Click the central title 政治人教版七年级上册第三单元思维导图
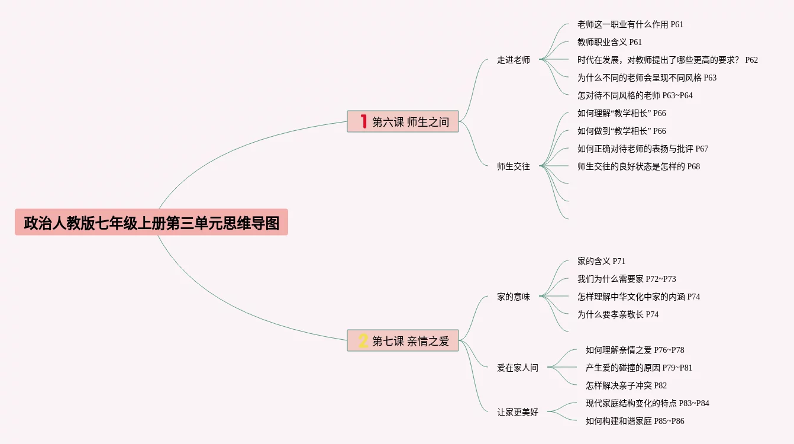pyautogui.click(x=151, y=223)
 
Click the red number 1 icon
pyautogui.click(x=364, y=121)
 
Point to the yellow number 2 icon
pyautogui.click(x=363, y=340)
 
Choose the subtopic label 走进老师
pyautogui.click(x=514, y=60)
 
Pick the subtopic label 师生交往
pyautogui.click(x=514, y=166)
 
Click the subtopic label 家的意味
pyautogui.click(x=514, y=297)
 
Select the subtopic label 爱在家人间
pyautogui.click(x=518, y=368)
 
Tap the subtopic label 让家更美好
pyautogui.click(x=518, y=412)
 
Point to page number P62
pyautogui.click(x=751, y=60)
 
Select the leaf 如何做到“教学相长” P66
pyautogui.click(x=621, y=131)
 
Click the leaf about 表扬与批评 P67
pyautogui.click(x=643, y=149)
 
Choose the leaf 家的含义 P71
pyautogui.click(x=601, y=261)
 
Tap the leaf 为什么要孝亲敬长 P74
pyautogui.click(x=618, y=314)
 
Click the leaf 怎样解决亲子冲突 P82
pyautogui.click(x=626, y=385)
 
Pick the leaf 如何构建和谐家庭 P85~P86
pyautogui.click(x=635, y=421)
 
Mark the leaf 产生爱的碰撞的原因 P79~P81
pyautogui.click(x=639, y=368)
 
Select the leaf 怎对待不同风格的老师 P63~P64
pyautogui.click(x=635, y=95)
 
